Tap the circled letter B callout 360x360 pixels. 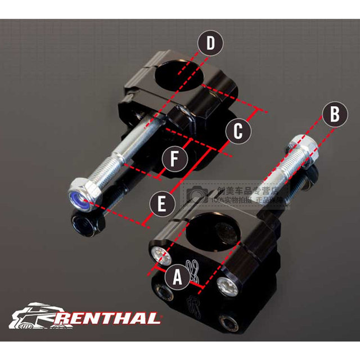pos(334,115)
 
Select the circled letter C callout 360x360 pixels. pos(238,130)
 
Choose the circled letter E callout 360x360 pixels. pos(161,205)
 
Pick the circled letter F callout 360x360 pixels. pos(175,159)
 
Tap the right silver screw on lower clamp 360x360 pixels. pos(227,285)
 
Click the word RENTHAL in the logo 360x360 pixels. pos(107,318)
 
